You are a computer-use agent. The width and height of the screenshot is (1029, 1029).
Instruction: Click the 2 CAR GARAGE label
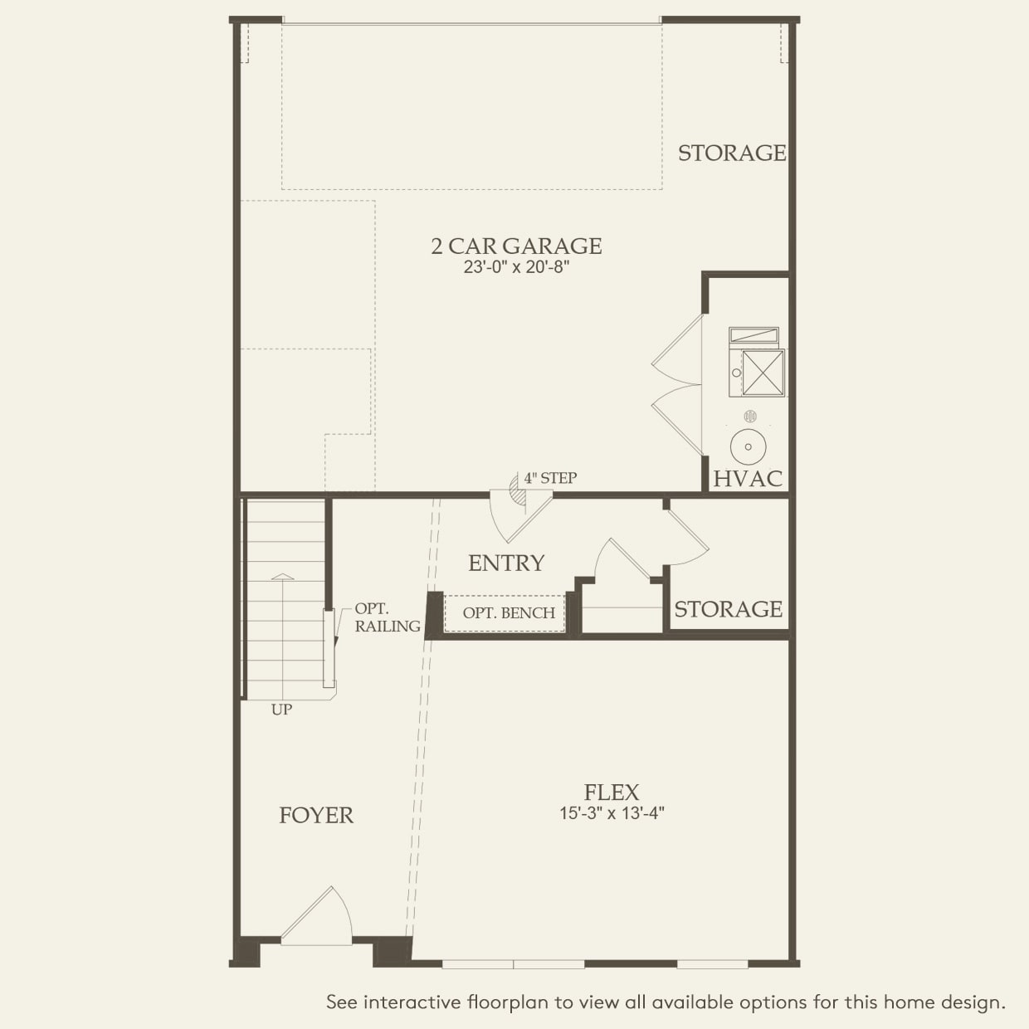pyautogui.click(x=516, y=246)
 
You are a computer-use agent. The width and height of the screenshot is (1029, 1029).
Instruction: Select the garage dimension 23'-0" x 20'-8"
pyautogui.click(x=516, y=268)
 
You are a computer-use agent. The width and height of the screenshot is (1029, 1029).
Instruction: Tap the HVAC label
pyautogui.click(x=748, y=479)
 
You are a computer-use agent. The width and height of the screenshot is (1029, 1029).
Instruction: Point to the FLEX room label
pyautogui.click(x=612, y=792)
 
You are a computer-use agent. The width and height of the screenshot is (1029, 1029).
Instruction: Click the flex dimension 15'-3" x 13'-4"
pyautogui.click(x=612, y=813)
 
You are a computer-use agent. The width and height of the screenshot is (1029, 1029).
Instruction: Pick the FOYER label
pyautogui.click(x=316, y=816)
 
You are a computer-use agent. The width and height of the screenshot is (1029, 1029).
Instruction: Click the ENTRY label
pyautogui.click(x=506, y=563)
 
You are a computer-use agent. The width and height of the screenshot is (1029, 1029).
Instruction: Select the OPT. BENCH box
pyautogui.click(x=508, y=613)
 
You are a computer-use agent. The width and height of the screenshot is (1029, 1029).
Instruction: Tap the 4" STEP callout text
pyautogui.click(x=549, y=478)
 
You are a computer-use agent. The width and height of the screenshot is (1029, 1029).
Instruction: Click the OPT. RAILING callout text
pyautogui.click(x=387, y=618)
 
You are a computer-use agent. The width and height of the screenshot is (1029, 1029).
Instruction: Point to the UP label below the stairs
pyautogui.click(x=281, y=710)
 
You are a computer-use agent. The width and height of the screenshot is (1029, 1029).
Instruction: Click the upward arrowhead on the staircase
pyautogui.click(x=282, y=576)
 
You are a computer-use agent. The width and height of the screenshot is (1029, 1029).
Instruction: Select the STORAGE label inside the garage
pyautogui.click(x=731, y=153)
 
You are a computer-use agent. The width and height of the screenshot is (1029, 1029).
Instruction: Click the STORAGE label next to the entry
pyautogui.click(x=728, y=610)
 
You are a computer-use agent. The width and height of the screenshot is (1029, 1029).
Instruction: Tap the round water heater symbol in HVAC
pyautogui.click(x=748, y=446)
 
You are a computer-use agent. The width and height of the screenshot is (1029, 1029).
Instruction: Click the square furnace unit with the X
pyautogui.click(x=762, y=372)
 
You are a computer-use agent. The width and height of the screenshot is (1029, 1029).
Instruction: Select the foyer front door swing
pyautogui.click(x=319, y=917)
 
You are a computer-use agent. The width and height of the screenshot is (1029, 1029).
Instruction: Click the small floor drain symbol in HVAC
pyautogui.click(x=750, y=416)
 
